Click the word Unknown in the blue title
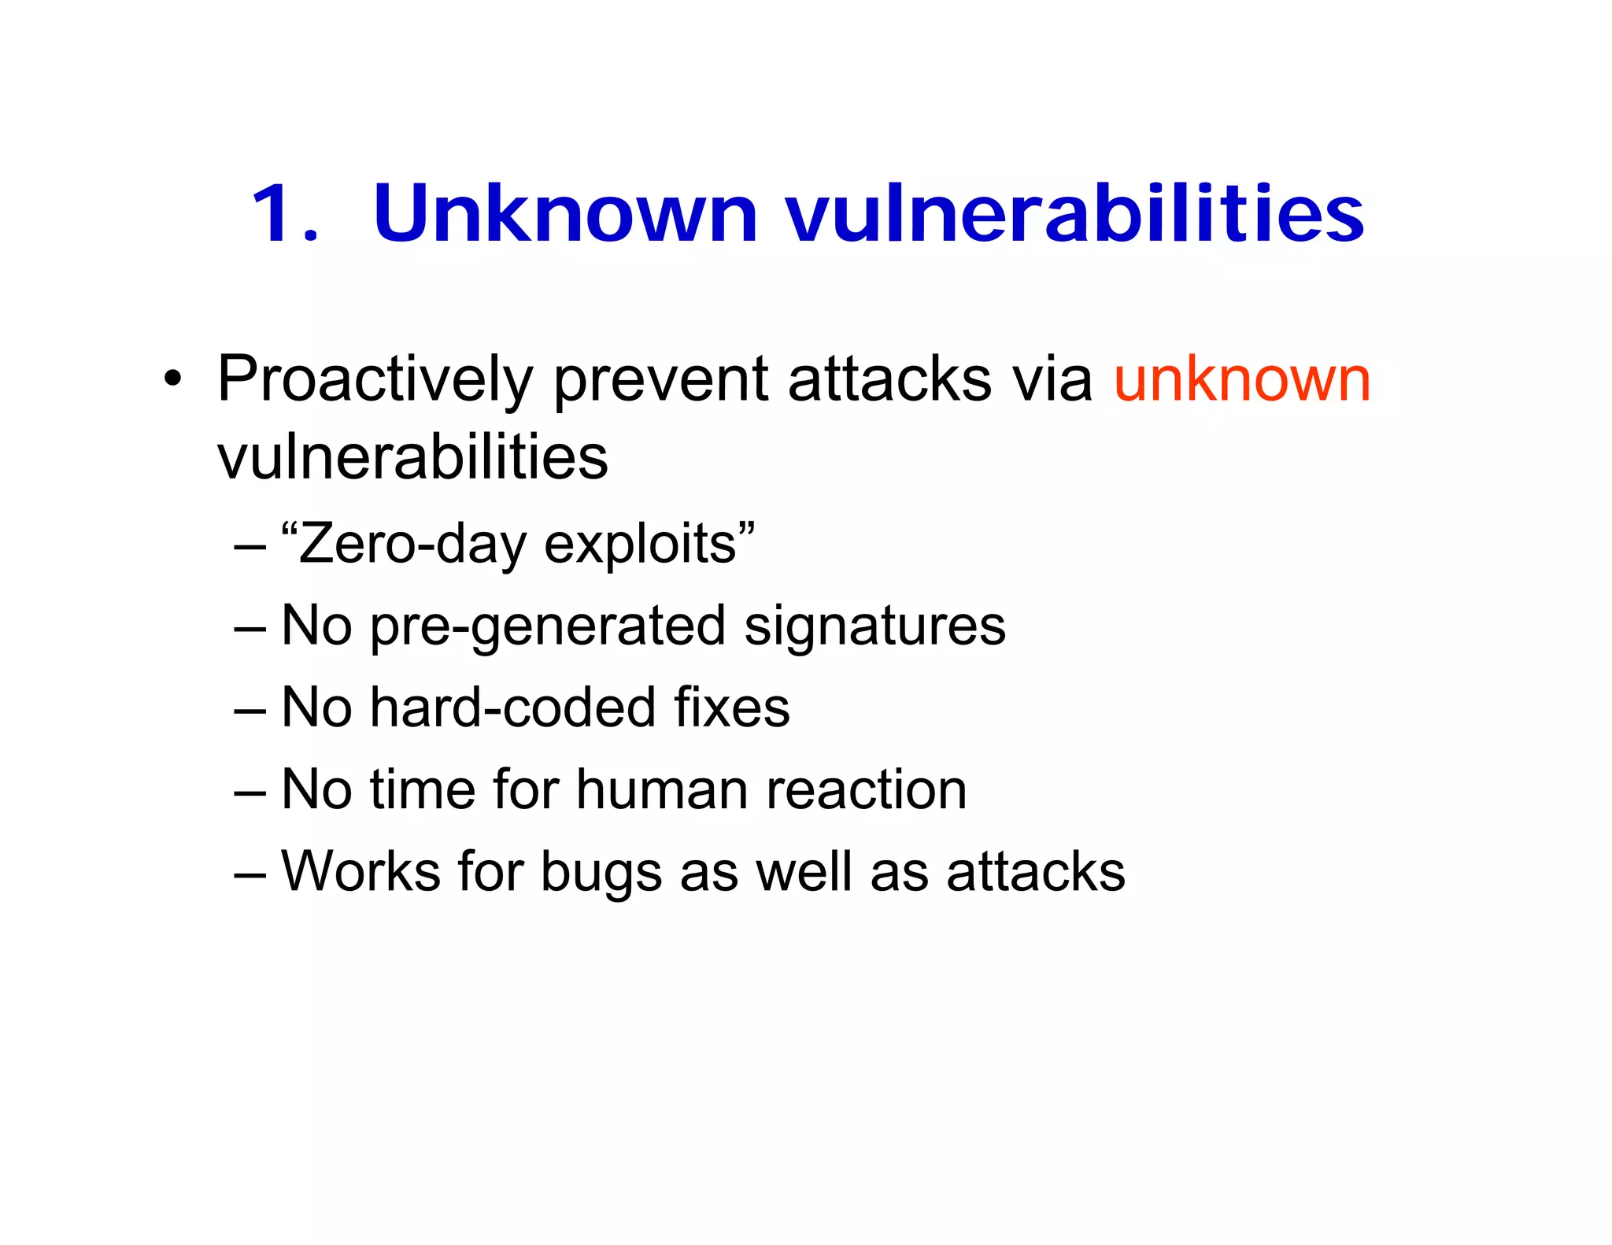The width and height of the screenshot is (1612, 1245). coord(564,214)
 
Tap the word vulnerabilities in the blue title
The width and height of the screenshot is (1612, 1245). coord(1074,214)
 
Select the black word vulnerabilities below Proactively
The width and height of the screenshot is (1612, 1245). coord(412,457)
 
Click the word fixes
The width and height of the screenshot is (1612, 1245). coord(731,707)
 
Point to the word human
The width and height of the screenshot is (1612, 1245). coord(661,789)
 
